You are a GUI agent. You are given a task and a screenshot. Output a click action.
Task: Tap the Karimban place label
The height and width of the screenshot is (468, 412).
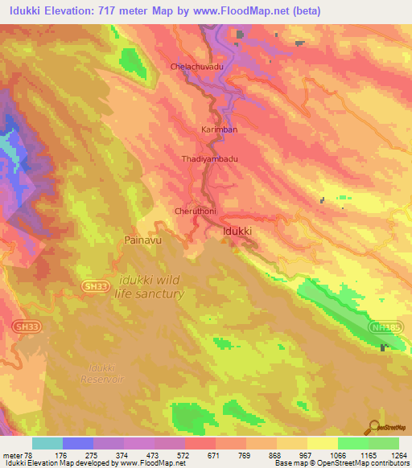219,129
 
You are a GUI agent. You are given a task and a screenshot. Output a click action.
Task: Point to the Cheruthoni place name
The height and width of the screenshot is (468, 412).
196,211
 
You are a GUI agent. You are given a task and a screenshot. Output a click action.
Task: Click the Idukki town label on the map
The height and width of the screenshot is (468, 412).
237,232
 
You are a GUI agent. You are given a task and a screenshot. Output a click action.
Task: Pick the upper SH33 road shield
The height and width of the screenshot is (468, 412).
95,285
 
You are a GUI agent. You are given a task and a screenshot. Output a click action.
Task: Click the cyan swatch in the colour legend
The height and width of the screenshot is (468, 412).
47,443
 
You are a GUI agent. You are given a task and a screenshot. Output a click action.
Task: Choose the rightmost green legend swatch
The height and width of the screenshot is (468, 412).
383,443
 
